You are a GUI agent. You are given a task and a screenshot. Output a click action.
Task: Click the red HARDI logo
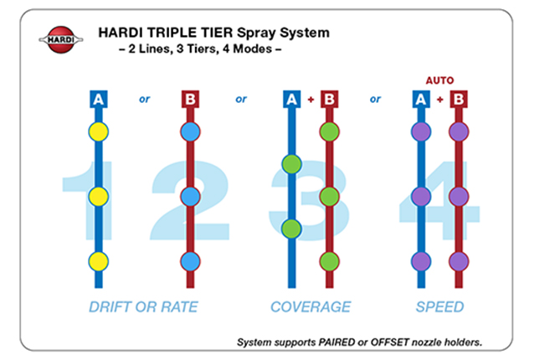click(61, 39)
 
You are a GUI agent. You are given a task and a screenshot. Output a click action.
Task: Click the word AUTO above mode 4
click(439, 80)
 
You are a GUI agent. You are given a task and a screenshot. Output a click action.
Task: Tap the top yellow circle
click(99, 131)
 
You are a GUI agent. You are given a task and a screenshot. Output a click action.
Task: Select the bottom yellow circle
click(99, 261)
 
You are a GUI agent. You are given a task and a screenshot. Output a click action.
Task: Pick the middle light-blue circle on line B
click(190, 197)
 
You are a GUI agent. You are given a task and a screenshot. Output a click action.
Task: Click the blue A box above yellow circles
click(99, 99)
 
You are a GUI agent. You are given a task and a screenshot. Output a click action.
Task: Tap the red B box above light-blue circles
click(190, 99)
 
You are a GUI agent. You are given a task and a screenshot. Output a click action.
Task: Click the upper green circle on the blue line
click(292, 164)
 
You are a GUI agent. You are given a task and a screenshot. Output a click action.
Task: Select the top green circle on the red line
click(329, 131)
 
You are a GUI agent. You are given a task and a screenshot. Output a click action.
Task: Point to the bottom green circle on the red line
click(329, 261)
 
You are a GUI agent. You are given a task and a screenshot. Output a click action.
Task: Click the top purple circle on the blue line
click(421, 131)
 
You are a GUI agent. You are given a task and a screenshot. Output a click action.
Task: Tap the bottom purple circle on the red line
click(459, 261)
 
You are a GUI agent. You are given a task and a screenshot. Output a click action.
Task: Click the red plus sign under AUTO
click(440, 100)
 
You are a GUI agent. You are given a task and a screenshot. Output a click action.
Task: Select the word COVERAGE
click(311, 307)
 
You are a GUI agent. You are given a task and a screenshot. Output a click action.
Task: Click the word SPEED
click(439, 307)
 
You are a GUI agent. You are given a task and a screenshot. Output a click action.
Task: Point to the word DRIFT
click(110, 307)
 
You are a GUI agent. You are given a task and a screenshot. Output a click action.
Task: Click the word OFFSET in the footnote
click(389, 342)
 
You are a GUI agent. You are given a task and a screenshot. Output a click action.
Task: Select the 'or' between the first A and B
click(145, 99)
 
